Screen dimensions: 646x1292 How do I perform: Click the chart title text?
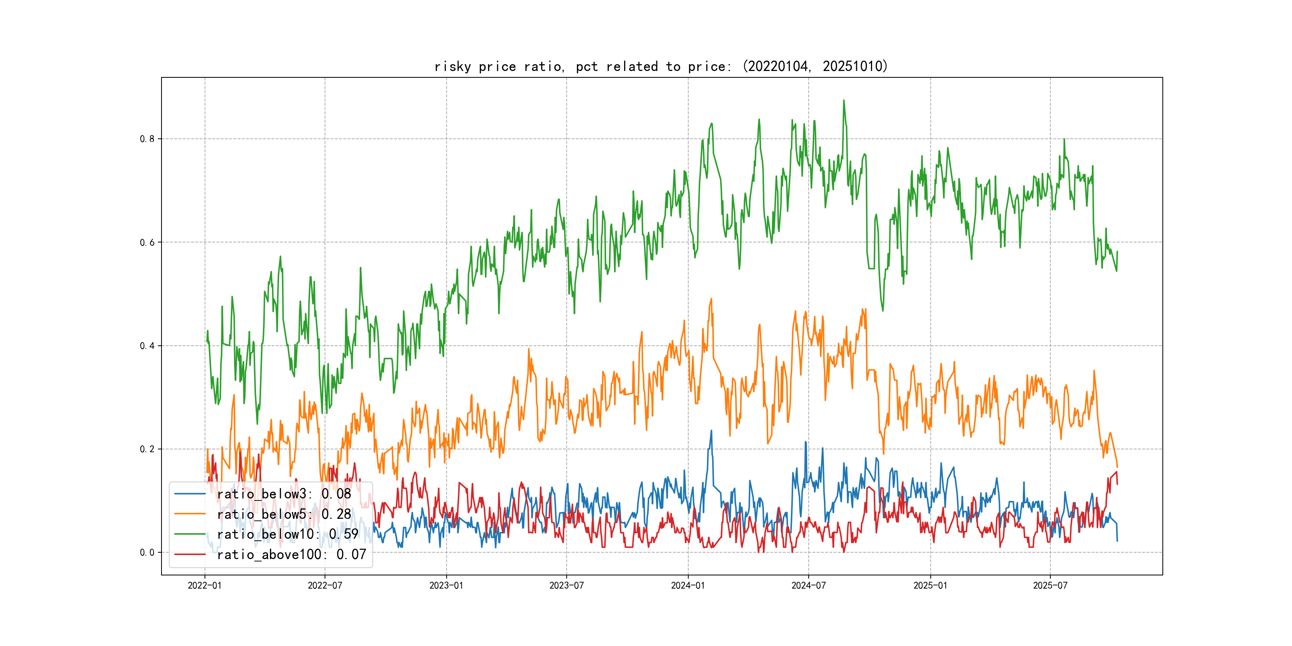click(661, 66)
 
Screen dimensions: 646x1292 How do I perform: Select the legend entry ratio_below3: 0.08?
click(284, 494)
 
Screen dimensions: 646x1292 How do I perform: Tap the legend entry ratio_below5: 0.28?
click(284, 514)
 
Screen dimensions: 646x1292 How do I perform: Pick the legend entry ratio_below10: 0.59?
click(288, 534)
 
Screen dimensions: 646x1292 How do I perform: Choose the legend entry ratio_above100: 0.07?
click(291, 554)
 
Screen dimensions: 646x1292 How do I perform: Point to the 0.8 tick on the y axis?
click(147, 139)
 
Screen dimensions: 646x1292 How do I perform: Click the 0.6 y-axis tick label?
click(147, 242)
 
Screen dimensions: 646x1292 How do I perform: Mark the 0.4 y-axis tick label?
click(147, 346)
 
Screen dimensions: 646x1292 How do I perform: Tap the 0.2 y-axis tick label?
click(147, 449)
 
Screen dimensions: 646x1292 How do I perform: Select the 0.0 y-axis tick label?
click(147, 552)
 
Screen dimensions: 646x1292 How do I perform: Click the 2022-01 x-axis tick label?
click(205, 585)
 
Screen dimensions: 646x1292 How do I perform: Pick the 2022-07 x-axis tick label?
click(325, 585)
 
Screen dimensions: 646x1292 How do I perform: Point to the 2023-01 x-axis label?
click(446, 585)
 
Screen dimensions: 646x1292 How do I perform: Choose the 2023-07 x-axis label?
click(566, 585)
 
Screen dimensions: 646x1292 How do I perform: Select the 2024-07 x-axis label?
click(809, 585)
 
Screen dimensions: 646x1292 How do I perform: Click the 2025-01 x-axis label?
click(930, 585)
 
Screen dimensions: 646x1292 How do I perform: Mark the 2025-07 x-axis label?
click(1050, 585)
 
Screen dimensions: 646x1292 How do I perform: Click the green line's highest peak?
click(844, 100)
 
